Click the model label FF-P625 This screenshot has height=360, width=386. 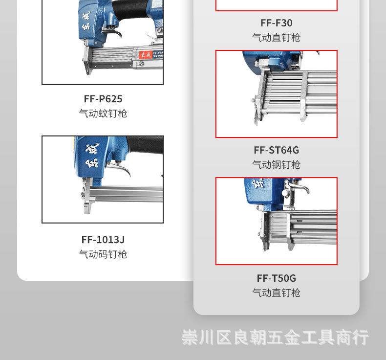(103, 99)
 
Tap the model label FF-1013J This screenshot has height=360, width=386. (103, 240)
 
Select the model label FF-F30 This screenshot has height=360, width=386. (276, 23)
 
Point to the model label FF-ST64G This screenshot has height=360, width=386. (276, 150)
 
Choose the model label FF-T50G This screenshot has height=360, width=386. (276, 278)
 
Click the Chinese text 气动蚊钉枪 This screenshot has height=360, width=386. (103, 113)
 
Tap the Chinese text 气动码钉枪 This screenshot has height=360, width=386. (103, 254)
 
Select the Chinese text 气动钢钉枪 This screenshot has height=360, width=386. (276, 165)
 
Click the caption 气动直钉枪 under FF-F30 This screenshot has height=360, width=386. (276, 38)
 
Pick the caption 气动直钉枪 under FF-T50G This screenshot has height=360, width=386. (276, 293)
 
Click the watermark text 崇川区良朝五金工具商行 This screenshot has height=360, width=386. (275, 337)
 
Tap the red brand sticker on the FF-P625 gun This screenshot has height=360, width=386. (145, 55)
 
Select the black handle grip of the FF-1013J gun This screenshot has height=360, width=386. (146, 145)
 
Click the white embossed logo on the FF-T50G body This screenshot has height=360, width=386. (257, 184)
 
